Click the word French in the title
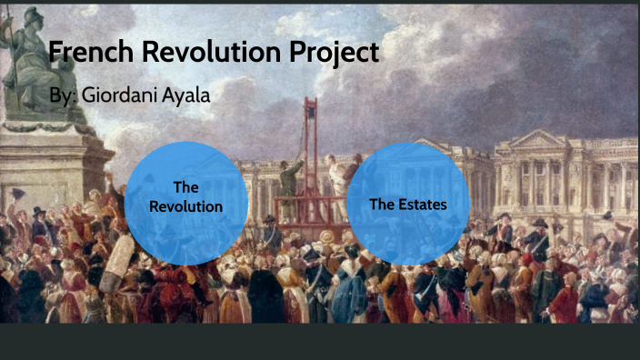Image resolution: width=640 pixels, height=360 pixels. click(x=86, y=52)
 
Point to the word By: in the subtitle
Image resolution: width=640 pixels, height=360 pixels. click(x=62, y=95)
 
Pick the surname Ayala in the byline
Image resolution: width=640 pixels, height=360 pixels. click(x=187, y=95)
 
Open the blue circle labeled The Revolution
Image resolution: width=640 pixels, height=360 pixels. click(x=185, y=203)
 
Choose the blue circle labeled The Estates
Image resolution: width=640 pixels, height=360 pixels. click(x=408, y=203)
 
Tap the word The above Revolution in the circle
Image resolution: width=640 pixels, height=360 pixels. click(x=185, y=187)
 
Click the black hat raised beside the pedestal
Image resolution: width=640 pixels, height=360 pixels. click(x=17, y=193)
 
